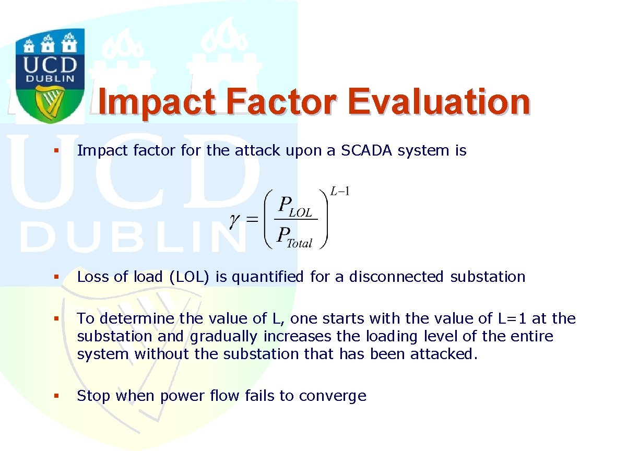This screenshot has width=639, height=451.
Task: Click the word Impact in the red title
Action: (156, 103)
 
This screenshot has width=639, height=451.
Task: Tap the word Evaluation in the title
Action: (439, 101)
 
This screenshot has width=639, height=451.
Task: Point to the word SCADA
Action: (366, 150)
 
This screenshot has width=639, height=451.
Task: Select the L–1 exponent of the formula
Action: (339, 191)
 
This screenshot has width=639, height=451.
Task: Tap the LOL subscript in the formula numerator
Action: (300, 213)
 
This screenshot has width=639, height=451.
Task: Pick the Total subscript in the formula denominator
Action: (299, 243)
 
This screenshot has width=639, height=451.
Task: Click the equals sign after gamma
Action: (252, 219)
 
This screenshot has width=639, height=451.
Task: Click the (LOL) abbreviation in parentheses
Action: (189, 277)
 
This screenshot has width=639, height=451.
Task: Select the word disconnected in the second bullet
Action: (396, 277)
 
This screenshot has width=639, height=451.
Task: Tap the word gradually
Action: (223, 336)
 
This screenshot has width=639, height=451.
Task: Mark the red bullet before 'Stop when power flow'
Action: (56, 396)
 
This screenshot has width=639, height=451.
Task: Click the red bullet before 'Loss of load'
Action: (56, 277)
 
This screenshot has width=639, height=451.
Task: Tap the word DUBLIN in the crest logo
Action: (50, 78)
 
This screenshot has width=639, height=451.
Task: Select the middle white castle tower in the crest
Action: (48, 44)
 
